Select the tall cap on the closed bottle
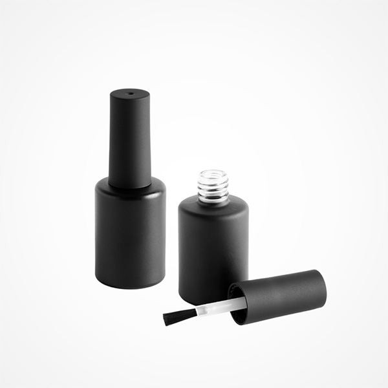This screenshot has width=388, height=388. tap(129, 139)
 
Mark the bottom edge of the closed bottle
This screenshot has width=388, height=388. tap(129, 286)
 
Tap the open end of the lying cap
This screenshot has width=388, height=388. tap(238, 305)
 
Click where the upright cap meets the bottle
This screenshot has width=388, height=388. tap(129, 186)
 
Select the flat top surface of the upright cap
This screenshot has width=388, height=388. tap(129, 95)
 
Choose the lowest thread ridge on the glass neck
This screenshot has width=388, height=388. tap(213, 199)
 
